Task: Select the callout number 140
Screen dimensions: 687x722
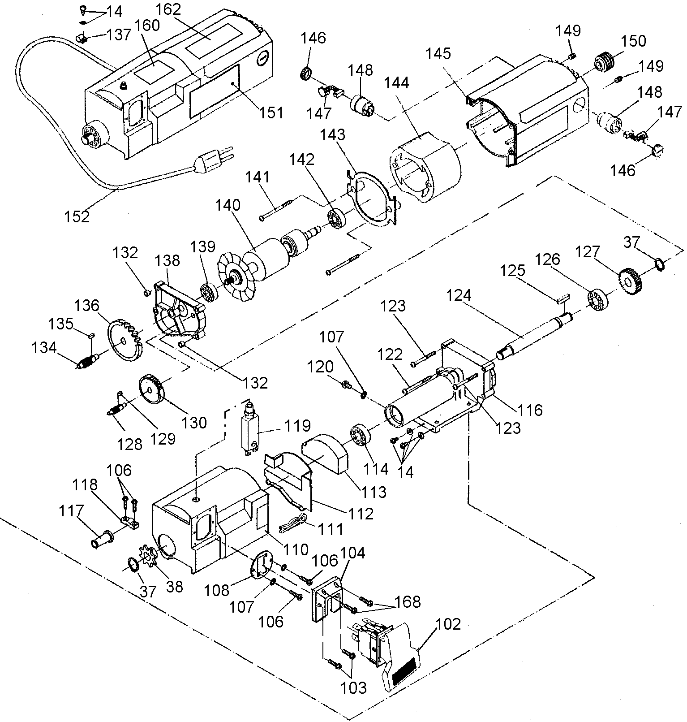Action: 228,206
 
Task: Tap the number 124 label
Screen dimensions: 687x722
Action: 459,295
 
